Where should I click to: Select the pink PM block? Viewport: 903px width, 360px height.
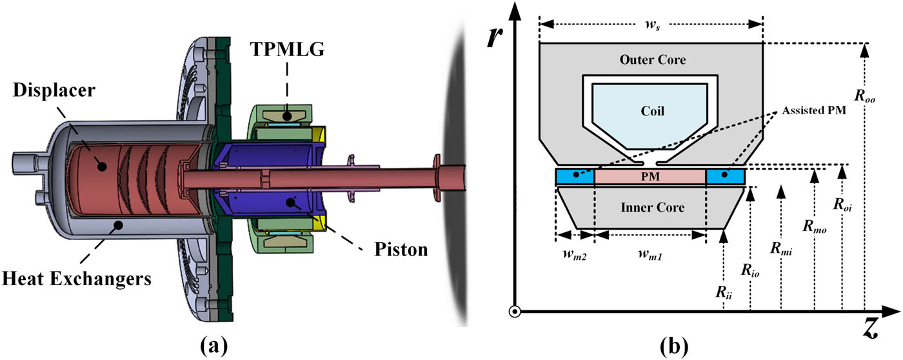click(650, 176)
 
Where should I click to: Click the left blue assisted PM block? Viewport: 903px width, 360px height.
click(574, 176)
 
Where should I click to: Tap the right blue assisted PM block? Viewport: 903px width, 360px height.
click(726, 176)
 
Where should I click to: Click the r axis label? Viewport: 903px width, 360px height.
click(495, 37)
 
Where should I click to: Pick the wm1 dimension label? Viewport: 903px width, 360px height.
click(650, 256)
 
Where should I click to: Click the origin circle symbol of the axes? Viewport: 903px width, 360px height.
click(514, 312)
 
